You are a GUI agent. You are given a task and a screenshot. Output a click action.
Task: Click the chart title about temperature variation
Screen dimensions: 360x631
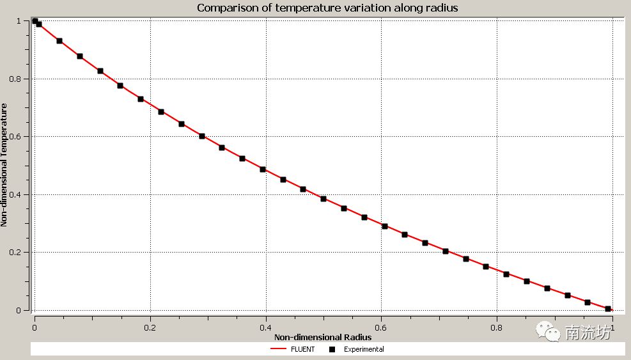[x=327, y=8]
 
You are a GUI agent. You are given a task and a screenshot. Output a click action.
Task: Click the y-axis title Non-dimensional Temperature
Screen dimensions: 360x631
[x=4, y=166]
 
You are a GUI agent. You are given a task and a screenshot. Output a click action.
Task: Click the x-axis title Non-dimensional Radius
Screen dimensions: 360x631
[x=323, y=336]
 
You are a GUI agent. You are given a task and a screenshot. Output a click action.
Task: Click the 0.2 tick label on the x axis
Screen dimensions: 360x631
[x=150, y=326]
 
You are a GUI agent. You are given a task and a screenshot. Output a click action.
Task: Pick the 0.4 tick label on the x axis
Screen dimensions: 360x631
[x=266, y=326]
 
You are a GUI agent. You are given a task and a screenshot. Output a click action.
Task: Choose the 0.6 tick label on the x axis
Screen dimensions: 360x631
[x=382, y=326]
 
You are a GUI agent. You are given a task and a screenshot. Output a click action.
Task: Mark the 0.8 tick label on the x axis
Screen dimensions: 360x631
[x=497, y=326]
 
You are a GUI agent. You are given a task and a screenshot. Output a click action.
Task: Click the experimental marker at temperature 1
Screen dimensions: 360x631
[x=35, y=21]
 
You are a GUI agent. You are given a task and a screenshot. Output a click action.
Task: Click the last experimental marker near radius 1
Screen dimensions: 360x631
[x=608, y=309]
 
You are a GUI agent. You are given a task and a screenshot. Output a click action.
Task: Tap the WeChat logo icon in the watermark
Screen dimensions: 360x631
[x=548, y=331]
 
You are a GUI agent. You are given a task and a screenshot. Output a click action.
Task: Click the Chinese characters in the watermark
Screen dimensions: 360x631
[x=588, y=332]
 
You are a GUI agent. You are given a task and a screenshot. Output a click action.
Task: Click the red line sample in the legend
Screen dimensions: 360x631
[x=277, y=349]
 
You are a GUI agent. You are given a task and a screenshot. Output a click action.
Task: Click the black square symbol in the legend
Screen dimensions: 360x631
[x=332, y=349]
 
